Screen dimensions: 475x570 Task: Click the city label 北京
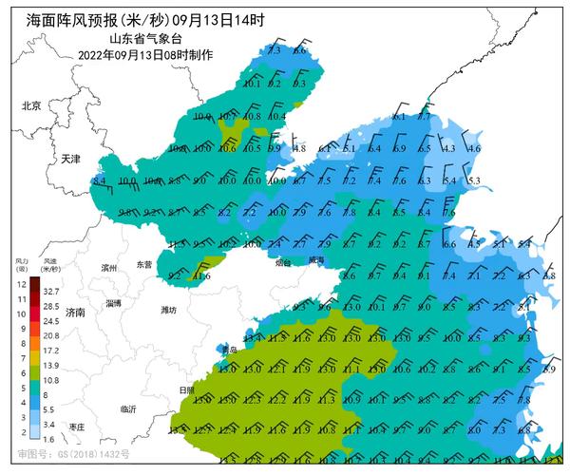(x=32, y=106)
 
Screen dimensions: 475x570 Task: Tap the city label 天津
(x=71, y=159)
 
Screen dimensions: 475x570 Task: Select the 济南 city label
(x=76, y=312)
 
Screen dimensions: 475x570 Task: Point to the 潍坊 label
(x=168, y=310)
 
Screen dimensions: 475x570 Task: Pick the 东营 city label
(x=143, y=265)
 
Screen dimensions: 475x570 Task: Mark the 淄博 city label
(x=114, y=302)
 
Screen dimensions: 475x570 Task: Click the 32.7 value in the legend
(x=51, y=292)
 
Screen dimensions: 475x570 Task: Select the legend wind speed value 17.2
(x=51, y=351)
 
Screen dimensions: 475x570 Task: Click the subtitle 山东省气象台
(x=145, y=38)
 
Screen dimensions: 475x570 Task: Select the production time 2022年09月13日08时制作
(x=145, y=54)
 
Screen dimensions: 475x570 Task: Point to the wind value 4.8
(x=298, y=148)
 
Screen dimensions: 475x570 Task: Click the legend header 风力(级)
(x=21, y=262)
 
